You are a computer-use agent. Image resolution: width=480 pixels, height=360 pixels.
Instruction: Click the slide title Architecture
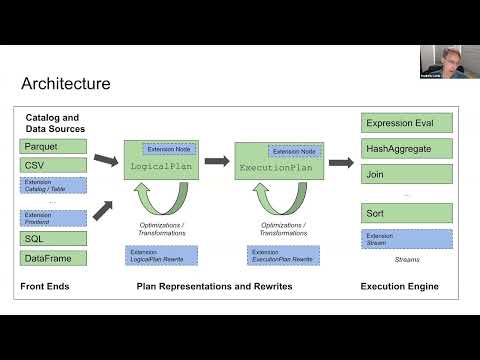[66, 84]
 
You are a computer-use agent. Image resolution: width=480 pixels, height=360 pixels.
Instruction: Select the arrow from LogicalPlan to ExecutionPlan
[215, 160]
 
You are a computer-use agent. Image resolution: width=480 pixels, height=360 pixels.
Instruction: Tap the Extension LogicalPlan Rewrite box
[155, 256]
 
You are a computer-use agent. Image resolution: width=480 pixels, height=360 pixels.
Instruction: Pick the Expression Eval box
[406, 124]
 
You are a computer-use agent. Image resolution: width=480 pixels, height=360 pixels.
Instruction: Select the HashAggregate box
[406, 149]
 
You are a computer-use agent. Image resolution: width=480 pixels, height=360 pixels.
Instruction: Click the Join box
[406, 174]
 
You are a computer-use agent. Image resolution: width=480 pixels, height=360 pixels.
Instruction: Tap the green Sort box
[406, 214]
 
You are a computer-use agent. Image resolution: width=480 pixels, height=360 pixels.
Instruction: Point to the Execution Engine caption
[406, 288]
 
